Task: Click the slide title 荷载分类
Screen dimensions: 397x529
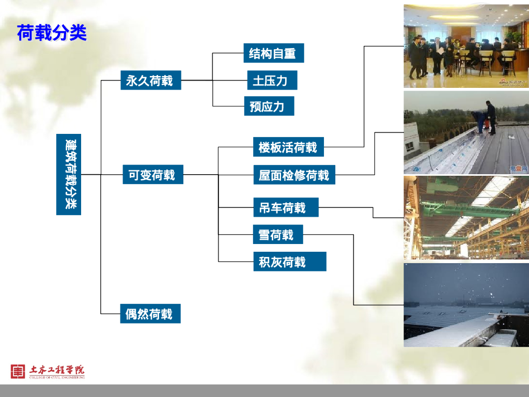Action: tap(52, 33)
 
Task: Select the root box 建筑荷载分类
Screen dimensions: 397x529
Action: tap(69, 175)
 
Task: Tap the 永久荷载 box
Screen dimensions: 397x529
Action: tap(150, 81)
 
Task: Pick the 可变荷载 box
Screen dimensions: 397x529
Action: tap(153, 175)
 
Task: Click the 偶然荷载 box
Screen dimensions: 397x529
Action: tap(150, 314)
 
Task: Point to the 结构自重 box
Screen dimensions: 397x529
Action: tap(273, 53)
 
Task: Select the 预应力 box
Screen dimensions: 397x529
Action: tap(268, 106)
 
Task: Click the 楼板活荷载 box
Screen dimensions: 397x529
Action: tap(288, 147)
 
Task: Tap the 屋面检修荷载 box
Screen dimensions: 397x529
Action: tap(294, 175)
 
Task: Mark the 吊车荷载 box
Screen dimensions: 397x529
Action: tap(285, 208)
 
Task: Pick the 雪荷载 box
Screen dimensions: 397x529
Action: tap(277, 235)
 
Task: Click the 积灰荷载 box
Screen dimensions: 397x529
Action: tap(289, 262)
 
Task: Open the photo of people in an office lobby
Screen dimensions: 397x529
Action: tap(466, 46)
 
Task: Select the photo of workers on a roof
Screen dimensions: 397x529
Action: tap(466, 133)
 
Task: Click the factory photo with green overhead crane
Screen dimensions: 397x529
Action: tap(466, 218)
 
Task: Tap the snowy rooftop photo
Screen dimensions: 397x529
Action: tap(466, 305)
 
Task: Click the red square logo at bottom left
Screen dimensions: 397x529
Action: tap(18, 371)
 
